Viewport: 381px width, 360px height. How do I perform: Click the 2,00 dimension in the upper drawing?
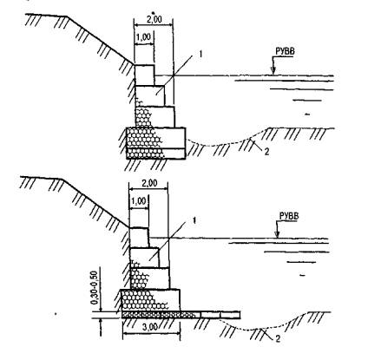click(153, 19)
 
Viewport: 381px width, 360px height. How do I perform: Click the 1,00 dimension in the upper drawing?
click(143, 37)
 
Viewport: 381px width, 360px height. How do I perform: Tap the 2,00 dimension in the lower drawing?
click(148, 183)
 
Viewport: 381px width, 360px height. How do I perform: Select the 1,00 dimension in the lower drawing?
click(138, 201)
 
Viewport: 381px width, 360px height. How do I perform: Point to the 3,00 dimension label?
click(150, 327)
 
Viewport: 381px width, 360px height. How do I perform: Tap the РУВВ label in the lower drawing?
click(289, 216)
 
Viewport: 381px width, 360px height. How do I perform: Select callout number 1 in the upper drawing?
click(200, 54)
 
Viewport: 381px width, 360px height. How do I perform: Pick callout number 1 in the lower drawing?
click(194, 220)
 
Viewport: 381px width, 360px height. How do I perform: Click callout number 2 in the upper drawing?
click(266, 152)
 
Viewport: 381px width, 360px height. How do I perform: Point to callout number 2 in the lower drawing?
click(278, 338)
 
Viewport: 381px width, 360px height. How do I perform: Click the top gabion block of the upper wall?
click(144, 75)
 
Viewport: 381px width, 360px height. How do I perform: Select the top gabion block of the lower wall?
click(139, 238)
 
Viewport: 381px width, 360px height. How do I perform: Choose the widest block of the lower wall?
click(150, 300)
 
